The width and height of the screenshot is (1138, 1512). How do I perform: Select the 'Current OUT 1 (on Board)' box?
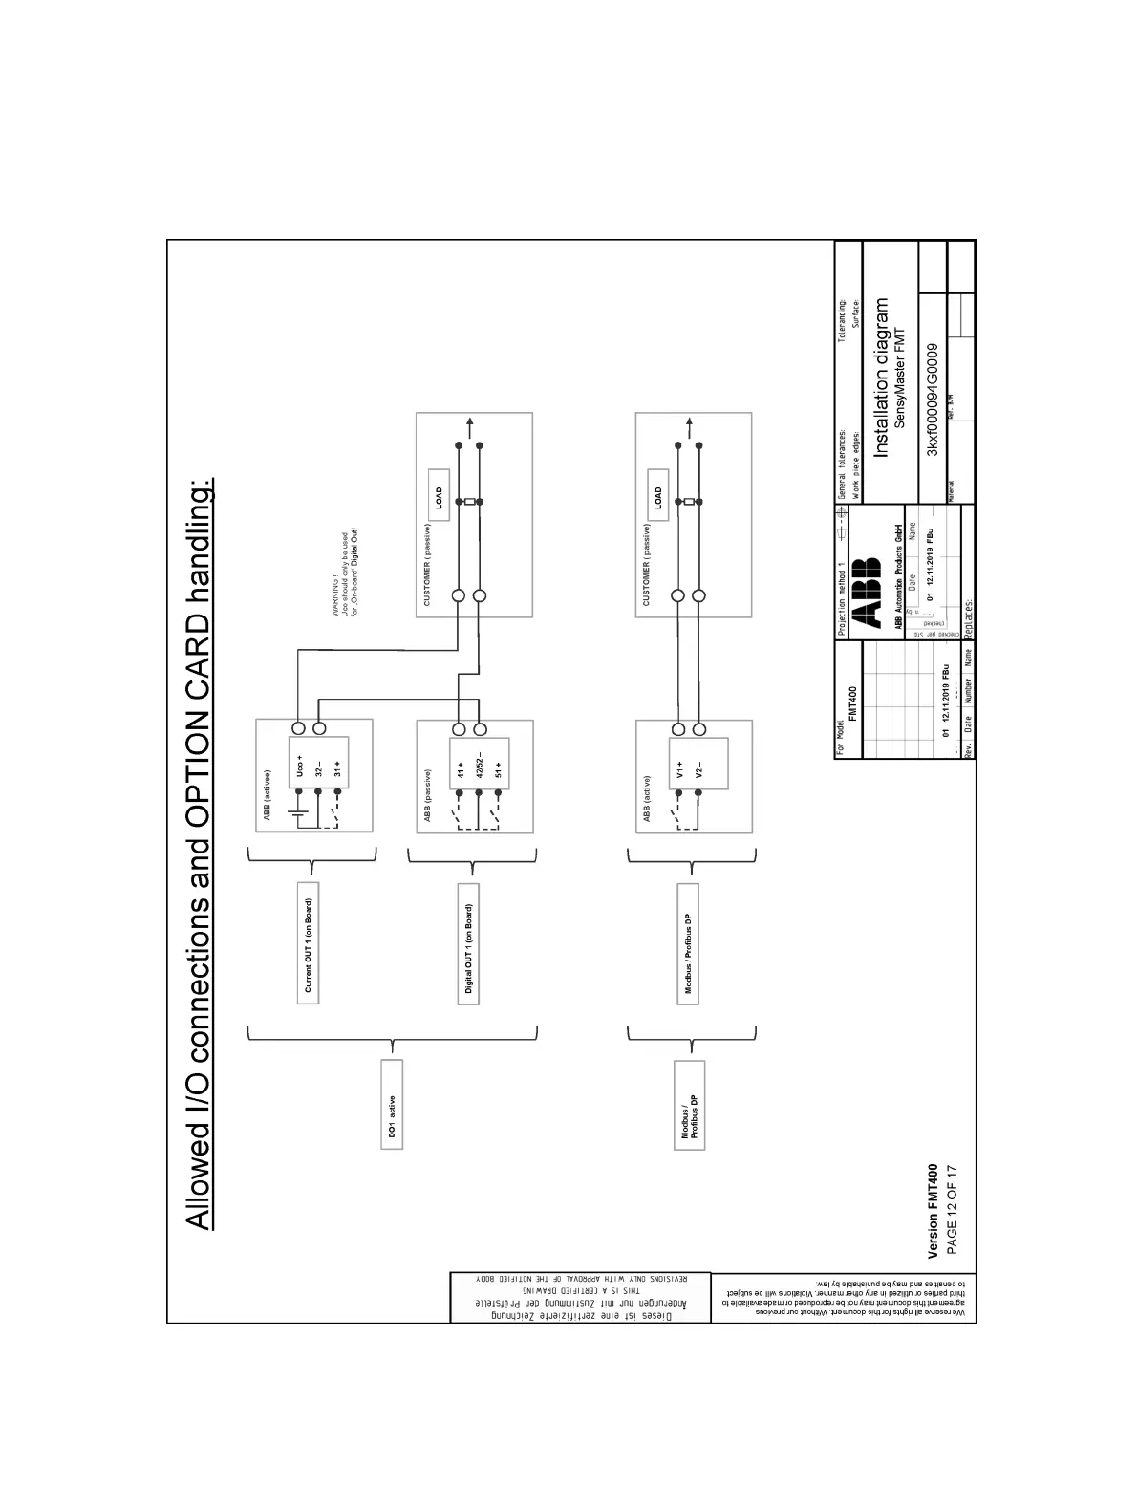tap(308, 942)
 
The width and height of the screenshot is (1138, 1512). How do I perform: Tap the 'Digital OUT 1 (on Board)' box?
tap(468, 942)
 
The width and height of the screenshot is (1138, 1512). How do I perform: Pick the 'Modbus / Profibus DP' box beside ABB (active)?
tap(688, 944)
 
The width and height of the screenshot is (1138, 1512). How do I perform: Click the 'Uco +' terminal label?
tap(299, 765)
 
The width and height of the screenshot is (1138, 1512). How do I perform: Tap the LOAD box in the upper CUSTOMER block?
tap(439, 496)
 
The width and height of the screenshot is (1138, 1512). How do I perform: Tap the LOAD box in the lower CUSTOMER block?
tap(657, 496)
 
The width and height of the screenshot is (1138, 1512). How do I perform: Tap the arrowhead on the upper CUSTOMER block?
tap(468, 423)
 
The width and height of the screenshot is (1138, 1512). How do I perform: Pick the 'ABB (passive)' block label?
tap(427, 795)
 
